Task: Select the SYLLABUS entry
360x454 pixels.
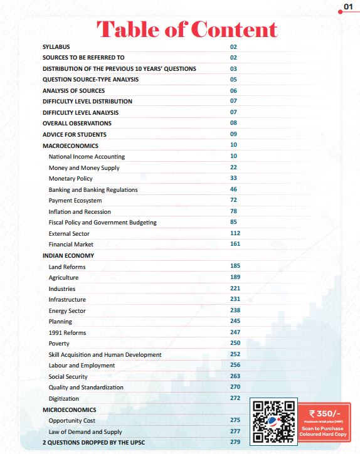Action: (x=56, y=46)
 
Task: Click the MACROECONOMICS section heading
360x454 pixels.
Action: (x=70, y=145)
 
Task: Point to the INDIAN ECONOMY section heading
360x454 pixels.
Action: (x=68, y=256)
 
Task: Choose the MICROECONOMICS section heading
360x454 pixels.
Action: (x=69, y=409)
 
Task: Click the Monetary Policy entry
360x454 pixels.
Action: (x=70, y=179)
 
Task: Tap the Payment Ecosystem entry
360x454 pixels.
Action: (x=75, y=201)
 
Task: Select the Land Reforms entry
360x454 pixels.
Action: (x=67, y=267)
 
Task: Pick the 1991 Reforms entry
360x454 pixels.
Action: (x=68, y=332)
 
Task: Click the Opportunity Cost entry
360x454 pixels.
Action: (x=72, y=420)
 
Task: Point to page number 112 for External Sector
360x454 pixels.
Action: (x=235, y=233)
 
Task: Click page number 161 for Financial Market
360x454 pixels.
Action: (x=235, y=244)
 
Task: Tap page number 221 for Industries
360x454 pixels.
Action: (x=235, y=288)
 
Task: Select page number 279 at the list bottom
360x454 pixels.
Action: (x=235, y=442)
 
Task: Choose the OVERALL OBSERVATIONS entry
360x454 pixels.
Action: (x=77, y=124)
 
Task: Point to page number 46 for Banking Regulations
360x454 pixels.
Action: (x=234, y=189)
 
